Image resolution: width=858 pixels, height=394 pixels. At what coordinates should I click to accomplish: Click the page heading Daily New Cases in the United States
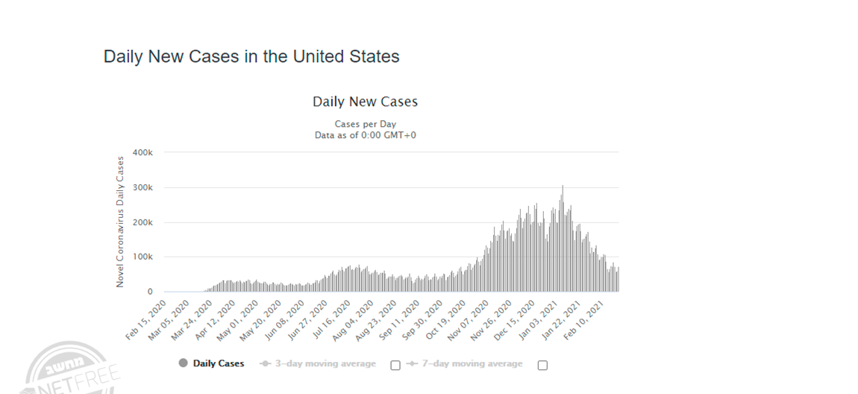tap(251, 57)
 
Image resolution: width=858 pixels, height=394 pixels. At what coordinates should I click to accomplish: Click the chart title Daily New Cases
tap(365, 101)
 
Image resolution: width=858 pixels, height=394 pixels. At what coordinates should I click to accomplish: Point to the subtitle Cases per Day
tap(365, 124)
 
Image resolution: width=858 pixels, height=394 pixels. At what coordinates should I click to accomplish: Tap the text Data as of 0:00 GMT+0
tap(365, 135)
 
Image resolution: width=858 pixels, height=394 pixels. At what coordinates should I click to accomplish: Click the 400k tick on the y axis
tap(143, 152)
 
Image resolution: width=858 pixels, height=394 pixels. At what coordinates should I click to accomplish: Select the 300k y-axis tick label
tap(143, 187)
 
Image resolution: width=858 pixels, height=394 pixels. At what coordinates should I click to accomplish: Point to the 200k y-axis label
tap(143, 222)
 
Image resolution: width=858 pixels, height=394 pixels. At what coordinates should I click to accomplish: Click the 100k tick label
tap(143, 257)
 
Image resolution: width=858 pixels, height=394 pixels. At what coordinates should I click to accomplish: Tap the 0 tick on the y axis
tap(150, 292)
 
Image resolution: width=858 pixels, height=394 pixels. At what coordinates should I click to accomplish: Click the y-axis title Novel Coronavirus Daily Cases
tap(120, 222)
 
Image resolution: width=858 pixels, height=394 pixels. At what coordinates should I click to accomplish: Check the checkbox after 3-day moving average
tap(395, 365)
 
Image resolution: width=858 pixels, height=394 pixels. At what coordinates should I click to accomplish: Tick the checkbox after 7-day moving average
tap(542, 365)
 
